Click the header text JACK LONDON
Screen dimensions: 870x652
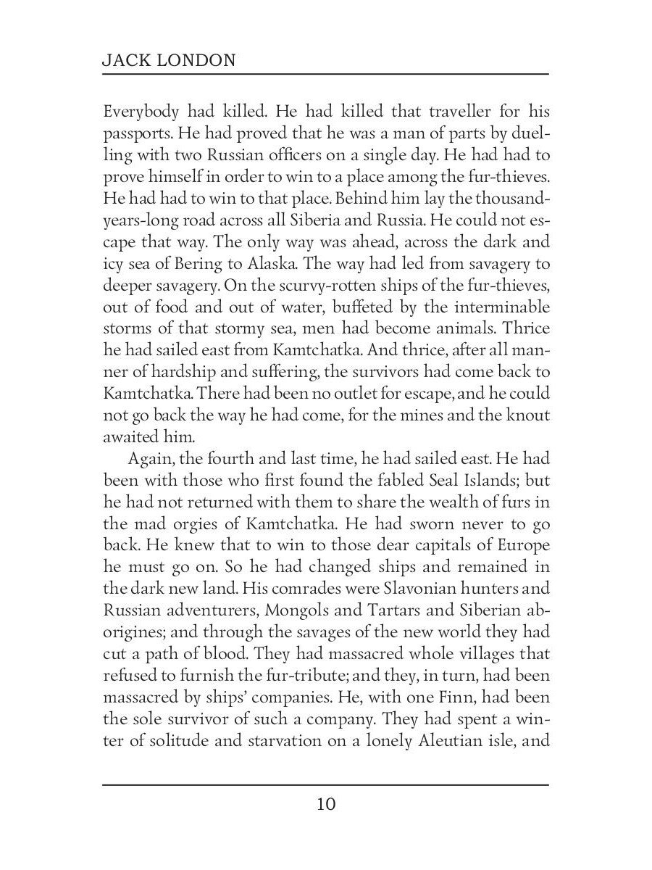coord(169,60)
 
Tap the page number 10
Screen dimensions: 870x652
coord(326,804)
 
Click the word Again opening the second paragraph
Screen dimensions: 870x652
coord(150,458)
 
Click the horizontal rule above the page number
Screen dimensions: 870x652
coord(326,784)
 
